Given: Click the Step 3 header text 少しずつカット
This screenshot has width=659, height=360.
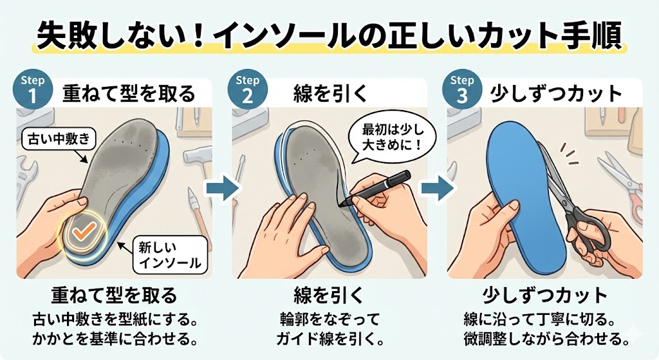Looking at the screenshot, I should (557, 94).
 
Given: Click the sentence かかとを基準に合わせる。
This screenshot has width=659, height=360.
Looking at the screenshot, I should (113, 338).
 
